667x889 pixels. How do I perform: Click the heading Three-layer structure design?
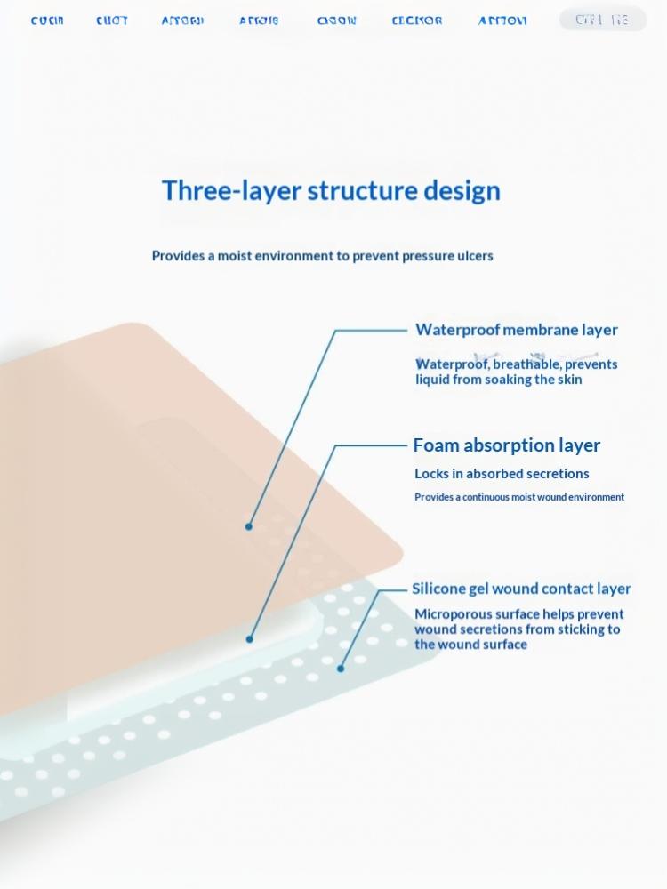[331, 191]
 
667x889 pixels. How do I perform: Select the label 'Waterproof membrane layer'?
[516, 330]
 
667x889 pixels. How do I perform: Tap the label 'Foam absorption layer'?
[506, 445]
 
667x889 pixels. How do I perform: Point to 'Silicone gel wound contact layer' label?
[521, 589]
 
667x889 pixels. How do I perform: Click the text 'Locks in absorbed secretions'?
[502, 474]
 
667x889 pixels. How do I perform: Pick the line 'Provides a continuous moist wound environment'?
[519, 497]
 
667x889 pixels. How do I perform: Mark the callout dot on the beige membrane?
[249, 526]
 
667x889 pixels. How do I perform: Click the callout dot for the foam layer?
[250, 638]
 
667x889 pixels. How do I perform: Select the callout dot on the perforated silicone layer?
[341, 669]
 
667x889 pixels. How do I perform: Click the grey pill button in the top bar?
[602, 20]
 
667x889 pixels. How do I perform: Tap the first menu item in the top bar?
[47, 20]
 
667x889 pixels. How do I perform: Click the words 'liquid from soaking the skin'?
[499, 380]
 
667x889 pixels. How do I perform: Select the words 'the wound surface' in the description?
[470, 645]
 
